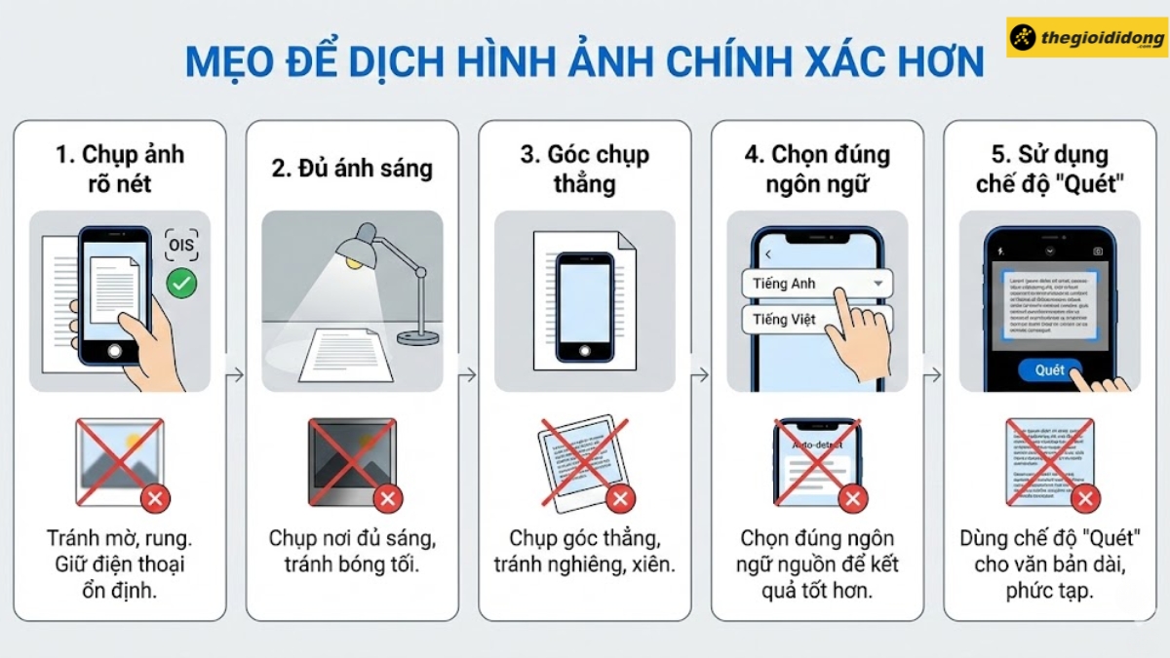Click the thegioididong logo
click(x=1087, y=36)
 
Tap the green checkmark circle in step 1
click(x=181, y=284)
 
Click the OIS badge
click(x=181, y=245)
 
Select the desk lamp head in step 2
click(x=362, y=241)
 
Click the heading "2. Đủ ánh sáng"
click(x=351, y=168)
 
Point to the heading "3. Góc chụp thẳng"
click(x=584, y=168)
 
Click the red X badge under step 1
click(x=155, y=499)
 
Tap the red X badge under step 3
click(x=620, y=499)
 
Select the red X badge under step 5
click(x=1085, y=499)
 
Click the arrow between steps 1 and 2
click(x=234, y=373)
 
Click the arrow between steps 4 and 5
click(x=933, y=373)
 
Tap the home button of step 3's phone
click(x=584, y=350)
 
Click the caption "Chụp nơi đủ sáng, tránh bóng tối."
click(x=351, y=551)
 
